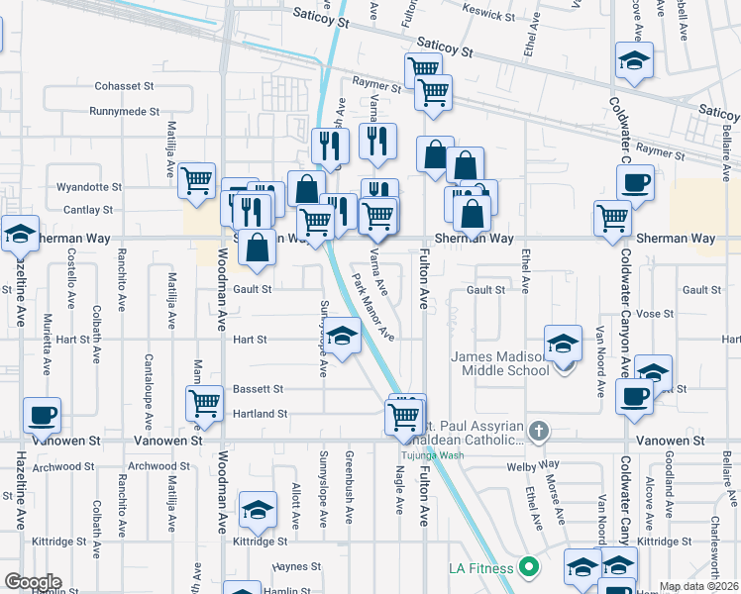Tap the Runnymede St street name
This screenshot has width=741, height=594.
coord(124,112)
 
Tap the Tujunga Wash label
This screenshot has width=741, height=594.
coord(425,456)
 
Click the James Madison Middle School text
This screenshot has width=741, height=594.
coord(500,363)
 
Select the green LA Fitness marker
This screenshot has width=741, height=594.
coord(530,567)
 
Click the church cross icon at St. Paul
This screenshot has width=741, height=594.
coord(538,431)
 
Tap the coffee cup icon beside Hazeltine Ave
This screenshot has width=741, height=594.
coord(42,414)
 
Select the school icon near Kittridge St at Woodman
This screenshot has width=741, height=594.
coord(258,509)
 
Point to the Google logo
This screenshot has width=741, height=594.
coord(33,582)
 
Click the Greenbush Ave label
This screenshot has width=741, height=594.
coord(350,487)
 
